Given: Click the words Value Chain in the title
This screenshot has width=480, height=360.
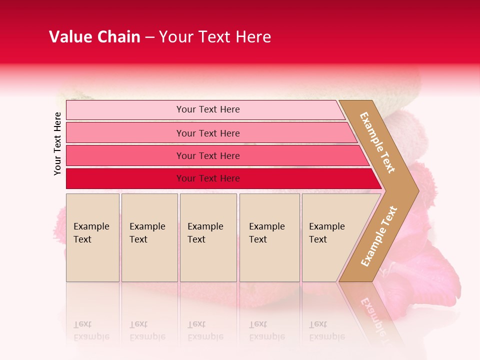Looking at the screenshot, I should (94, 37).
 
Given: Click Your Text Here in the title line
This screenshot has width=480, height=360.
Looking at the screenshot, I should (215, 37).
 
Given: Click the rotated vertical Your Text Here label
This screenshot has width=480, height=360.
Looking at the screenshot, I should (57, 144).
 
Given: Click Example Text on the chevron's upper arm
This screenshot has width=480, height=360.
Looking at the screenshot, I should (377, 142).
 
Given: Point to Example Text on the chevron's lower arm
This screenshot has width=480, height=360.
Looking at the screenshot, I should (378, 236).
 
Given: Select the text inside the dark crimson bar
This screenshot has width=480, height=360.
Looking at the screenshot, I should (208, 178).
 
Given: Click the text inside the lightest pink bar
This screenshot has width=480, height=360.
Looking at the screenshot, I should (208, 109).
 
